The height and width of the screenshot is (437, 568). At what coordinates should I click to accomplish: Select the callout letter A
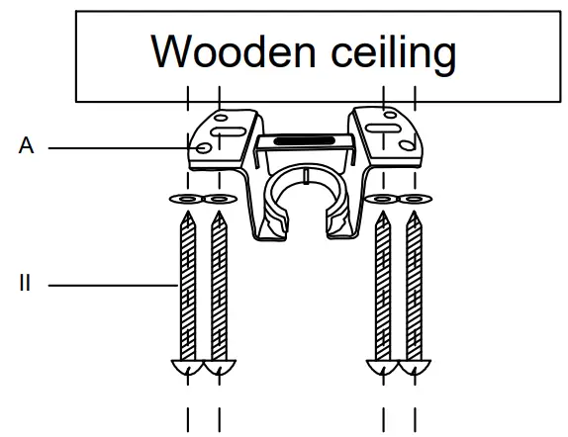pyautogui.click(x=26, y=146)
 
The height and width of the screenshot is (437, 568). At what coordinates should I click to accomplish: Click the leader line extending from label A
pyautogui.click(x=119, y=147)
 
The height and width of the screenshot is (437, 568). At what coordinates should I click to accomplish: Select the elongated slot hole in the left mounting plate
pyautogui.click(x=228, y=127)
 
